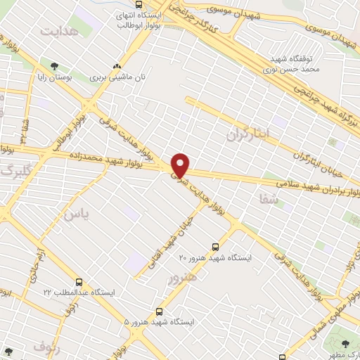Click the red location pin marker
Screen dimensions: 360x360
[181, 165]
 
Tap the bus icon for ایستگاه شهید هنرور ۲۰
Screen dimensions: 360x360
[215, 247]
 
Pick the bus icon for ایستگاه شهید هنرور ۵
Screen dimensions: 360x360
[160, 311]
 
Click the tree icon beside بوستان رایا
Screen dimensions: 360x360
[55, 66]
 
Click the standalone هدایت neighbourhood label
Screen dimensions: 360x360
[58, 32]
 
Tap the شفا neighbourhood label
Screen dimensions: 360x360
[269, 200]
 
